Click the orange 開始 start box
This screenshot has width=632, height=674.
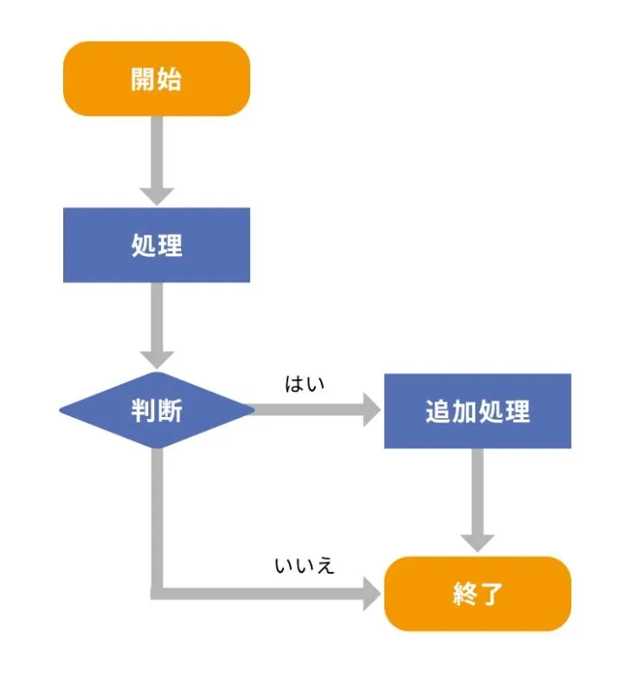click(x=157, y=79)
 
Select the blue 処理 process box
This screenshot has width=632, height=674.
click(x=157, y=245)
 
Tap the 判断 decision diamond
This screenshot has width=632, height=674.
click(x=157, y=411)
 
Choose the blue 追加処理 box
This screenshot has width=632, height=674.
click(x=477, y=411)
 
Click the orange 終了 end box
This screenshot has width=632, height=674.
click(x=477, y=594)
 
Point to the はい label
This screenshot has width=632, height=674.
click(x=304, y=383)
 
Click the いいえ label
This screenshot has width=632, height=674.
click(x=304, y=567)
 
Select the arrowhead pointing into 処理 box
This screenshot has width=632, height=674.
click(x=157, y=196)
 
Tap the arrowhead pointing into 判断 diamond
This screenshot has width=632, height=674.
click(x=157, y=360)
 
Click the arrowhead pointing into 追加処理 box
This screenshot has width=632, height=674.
click(x=371, y=411)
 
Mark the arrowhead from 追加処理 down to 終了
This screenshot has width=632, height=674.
click(x=477, y=542)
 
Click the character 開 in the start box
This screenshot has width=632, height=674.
click(x=144, y=79)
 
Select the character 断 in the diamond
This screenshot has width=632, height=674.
click(x=170, y=411)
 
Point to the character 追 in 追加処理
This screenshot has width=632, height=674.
click(x=438, y=411)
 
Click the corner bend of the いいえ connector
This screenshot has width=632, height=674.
click(x=158, y=593)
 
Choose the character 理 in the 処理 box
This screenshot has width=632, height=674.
click(x=171, y=245)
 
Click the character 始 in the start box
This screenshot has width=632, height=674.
click(x=170, y=79)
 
